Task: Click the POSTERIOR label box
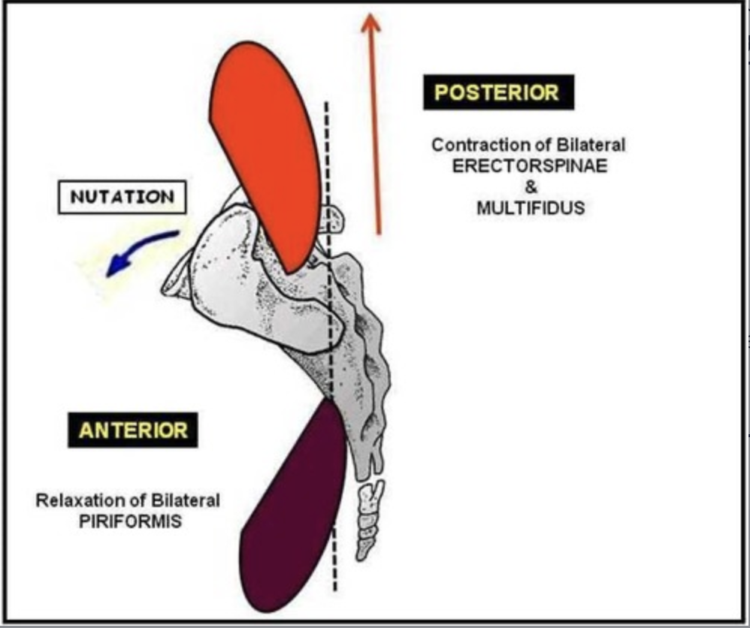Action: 497,92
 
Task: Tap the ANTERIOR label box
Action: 133,430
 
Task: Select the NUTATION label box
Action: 122,198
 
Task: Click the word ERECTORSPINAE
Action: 529,166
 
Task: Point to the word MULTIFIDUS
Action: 530,208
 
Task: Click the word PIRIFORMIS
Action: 130,521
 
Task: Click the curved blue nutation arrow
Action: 139,252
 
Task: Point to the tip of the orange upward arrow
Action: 369,17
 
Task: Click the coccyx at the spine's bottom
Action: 368,518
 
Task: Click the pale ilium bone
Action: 225,270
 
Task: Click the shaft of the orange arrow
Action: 374,135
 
